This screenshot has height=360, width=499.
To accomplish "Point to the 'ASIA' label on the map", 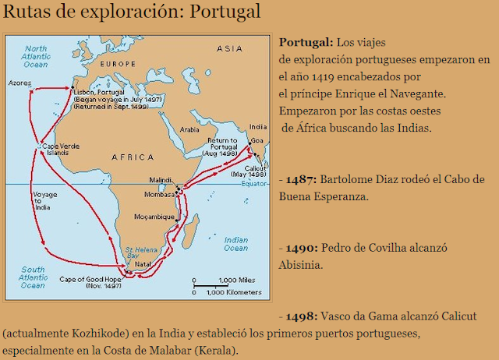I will click(229, 48).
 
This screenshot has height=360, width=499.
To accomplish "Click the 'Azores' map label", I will click(19, 81).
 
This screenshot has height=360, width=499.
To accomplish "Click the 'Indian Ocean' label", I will click(236, 242).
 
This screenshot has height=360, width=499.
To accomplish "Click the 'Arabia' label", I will click(192, 130).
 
